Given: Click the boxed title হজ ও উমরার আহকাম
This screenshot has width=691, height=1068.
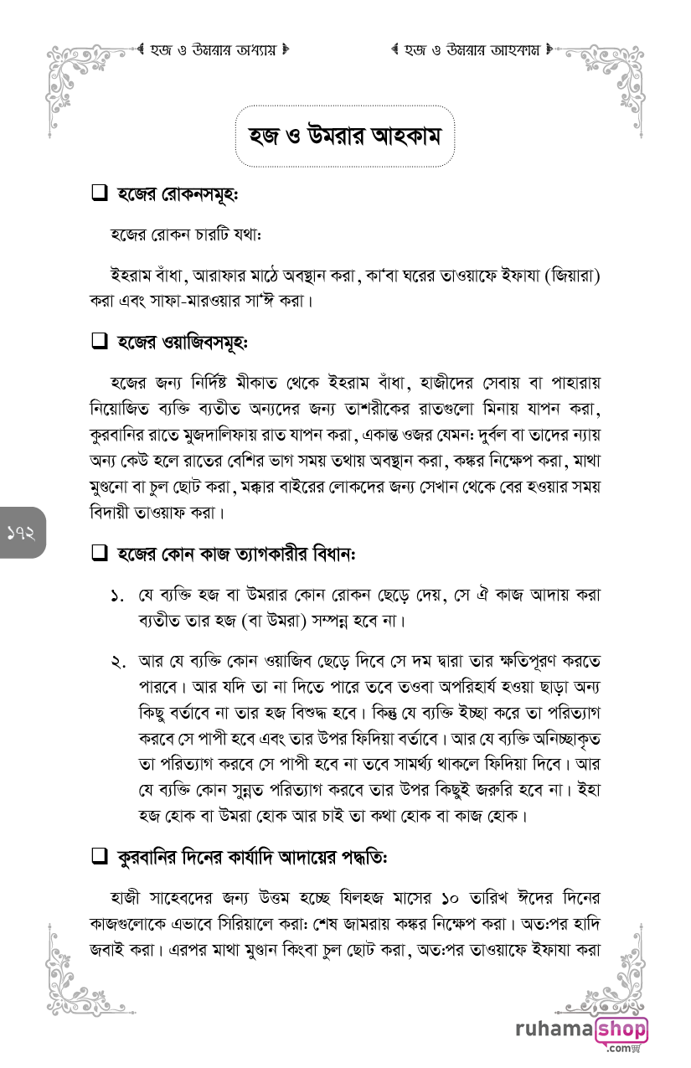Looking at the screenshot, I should [x=344, y=136].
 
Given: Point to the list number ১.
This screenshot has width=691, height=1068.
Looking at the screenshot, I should [x=117, y=596].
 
